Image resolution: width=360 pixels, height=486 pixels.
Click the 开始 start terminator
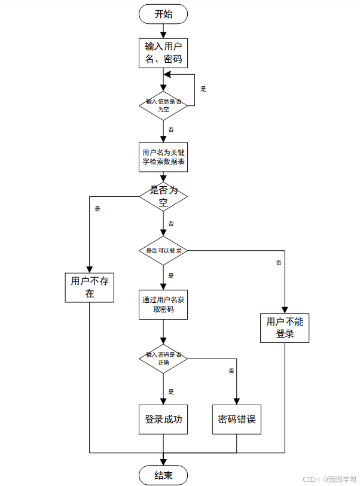coord(163,14)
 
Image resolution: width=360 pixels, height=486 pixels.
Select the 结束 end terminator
coord(163,475)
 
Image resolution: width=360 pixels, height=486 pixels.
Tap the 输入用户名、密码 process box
coord(163,53)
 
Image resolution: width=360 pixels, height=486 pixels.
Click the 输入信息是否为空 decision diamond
coord(163,106)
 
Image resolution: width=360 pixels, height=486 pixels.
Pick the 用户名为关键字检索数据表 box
coord(163,157)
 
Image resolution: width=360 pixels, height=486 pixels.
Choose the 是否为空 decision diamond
coord(163,196)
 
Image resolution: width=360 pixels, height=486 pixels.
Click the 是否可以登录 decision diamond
coord(163,250)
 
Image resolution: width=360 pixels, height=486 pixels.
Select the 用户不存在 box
coord(90,288)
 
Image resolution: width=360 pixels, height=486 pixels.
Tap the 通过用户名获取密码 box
coord(163,305)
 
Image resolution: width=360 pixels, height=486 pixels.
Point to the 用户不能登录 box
coord(285,328)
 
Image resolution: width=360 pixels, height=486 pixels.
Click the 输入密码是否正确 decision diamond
coord(163,359)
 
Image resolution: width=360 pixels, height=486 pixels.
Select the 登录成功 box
coord(163,420)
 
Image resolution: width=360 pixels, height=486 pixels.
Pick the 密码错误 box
coord(237,420)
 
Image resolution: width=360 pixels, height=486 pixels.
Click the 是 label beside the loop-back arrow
coord(203,89)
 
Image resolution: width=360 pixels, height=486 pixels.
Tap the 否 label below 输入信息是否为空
coord(171,129)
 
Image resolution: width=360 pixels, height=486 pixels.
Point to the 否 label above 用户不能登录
coord(279,263)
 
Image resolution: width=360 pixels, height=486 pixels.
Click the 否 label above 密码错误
coord(231,370)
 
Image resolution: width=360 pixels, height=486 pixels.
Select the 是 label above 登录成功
coord(171,392)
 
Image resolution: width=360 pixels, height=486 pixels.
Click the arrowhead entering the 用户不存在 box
coord(90,270)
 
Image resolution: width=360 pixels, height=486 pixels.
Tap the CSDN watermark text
coord(311,479)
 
